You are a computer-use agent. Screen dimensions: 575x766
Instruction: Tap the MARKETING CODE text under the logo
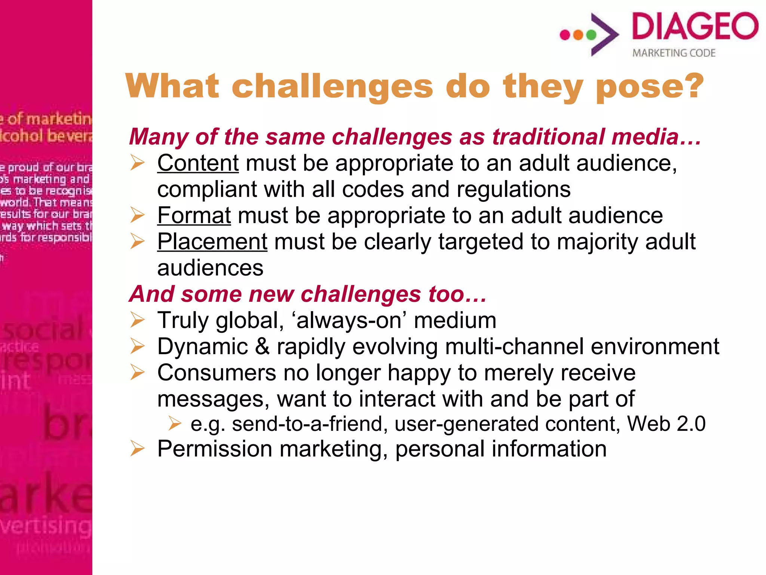click(x=674, y=53)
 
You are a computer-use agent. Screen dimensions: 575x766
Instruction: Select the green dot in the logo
click(x=591, y=35)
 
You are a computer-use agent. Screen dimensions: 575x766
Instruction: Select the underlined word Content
click(x=198, y=163)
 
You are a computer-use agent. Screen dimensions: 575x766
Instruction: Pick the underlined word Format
click(x=194, y=216)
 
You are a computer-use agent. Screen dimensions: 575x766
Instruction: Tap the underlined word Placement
click(x=212, y=242)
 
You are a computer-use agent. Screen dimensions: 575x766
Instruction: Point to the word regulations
click(x=513, y=189)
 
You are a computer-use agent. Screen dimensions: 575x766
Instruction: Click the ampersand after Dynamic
click(x=262, y=347)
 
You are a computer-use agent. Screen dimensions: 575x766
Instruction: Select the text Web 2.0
click(x=666, y=424)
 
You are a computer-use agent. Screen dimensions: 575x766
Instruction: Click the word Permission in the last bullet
click(x=214, y=449)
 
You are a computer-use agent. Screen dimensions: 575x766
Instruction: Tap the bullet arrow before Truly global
click(x=137, y=320)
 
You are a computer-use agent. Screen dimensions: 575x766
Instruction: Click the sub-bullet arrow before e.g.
click(x=174, y=424)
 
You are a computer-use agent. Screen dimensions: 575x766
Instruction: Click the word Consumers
click(x=217, y=373)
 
